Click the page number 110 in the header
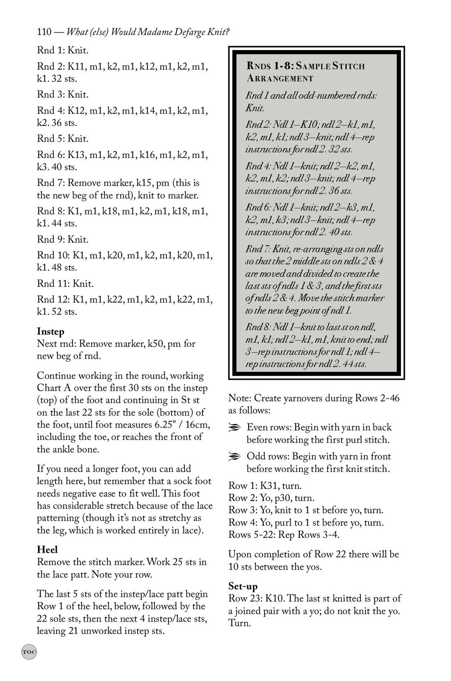43,32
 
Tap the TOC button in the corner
29,651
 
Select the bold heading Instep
50,331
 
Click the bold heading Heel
47,549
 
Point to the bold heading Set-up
243,586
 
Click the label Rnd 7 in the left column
50,183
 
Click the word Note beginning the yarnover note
238,398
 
